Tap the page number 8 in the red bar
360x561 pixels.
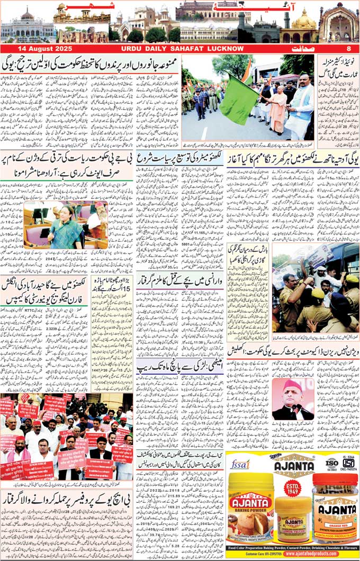[349, 49]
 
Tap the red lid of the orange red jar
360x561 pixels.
[335, 479]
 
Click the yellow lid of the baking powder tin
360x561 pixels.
[250, 479]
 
